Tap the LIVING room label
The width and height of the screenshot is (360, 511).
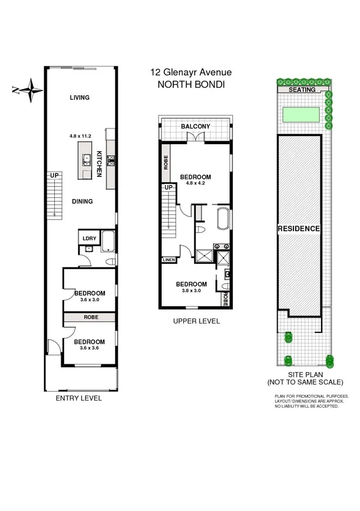(x=79, y=98)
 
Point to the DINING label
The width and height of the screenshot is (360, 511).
(x=82, y=201)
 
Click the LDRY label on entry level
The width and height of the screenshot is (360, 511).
(x=89, y=238)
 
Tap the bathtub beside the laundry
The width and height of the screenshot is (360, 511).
(x=109, y=240)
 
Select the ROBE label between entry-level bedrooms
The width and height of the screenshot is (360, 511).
(x=90, y=317)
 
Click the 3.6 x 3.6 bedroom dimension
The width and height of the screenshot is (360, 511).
(x=89, y=349)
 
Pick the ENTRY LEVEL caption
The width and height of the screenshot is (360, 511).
(x=78, y=398)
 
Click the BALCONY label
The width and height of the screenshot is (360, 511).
(x=195, y=127)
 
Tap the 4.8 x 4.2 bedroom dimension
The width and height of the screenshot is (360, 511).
(x=195, y=183)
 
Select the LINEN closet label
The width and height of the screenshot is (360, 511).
(x=168, y=260)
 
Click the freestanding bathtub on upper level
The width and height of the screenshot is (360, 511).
(x=223, y=220)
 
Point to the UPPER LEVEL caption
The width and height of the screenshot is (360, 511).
(x=197, y=321)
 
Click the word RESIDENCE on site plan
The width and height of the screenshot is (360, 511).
(x=299, y=228)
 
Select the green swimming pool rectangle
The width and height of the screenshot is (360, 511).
(x=300, y=114)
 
